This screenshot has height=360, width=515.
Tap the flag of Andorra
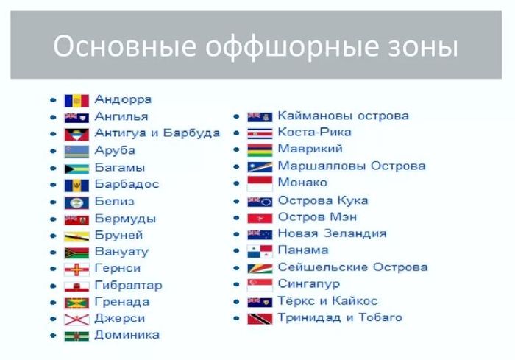77,101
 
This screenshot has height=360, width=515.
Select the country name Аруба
115,151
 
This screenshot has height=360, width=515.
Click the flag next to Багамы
77,169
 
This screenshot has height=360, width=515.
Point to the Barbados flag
77,186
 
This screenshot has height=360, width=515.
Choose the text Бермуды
125,219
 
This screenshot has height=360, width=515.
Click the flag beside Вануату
77,253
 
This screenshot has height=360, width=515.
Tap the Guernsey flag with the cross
77,269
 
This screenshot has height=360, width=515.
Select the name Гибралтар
129,286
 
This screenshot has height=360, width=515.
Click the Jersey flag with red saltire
77,320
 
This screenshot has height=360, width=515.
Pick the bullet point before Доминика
53,336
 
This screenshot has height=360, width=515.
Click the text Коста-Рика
314,133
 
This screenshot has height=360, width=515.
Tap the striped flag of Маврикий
260,150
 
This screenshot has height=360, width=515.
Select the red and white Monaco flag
260,184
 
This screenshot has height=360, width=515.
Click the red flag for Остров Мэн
260,219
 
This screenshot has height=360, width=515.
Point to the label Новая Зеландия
332,233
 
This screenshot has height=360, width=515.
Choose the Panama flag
260,252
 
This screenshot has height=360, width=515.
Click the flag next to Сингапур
260,285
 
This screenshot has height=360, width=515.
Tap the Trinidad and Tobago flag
260,319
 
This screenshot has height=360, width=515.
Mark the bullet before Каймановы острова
236,116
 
